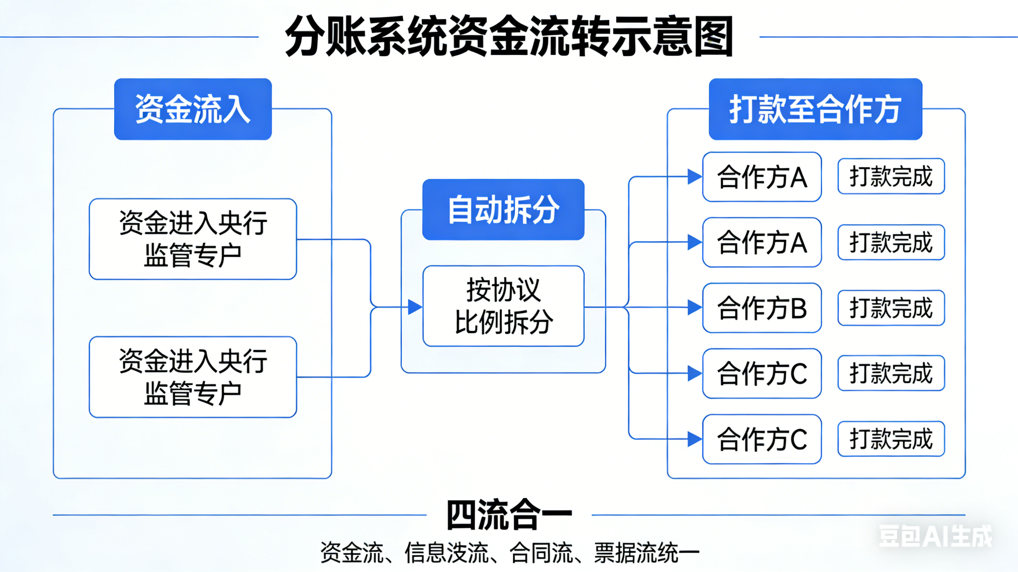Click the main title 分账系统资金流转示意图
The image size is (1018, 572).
[x=509, y=37]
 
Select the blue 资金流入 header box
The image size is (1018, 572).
[x=193, y=109]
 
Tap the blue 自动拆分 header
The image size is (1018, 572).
[x=503, y=209]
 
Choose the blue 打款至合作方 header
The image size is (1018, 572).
[x=815, y=109]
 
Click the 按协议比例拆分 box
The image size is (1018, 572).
[x=503, y=306]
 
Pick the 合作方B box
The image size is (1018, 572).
[x=762, y=308]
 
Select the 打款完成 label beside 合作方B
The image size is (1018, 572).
[x=891, y=308]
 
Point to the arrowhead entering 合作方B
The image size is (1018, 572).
[x=694, y=307]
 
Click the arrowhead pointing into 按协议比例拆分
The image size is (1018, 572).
[x=415, y=307]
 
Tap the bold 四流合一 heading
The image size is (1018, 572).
[x=509, y=515]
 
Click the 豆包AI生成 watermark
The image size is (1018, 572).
[x=935, y=537]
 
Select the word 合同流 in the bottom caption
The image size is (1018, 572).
[x=541, y=553]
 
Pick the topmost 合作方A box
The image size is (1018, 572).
[x=762, y=177]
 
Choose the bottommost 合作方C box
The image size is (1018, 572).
[x=762, y=439]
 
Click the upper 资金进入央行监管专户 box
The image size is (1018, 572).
[x=193, y=239]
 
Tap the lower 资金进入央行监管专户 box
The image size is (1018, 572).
[x=193, y=377]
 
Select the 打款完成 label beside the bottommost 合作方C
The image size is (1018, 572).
[x=891, y=439]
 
